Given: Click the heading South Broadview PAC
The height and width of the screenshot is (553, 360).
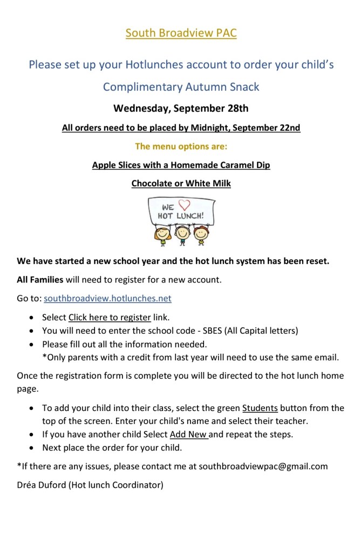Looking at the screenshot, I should [181, 33].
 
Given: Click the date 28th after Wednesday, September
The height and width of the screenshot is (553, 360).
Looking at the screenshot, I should [235, 108].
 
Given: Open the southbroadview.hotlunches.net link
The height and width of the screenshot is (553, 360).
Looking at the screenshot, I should [107, 298].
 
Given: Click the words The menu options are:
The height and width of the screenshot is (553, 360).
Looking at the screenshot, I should [181, 146].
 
